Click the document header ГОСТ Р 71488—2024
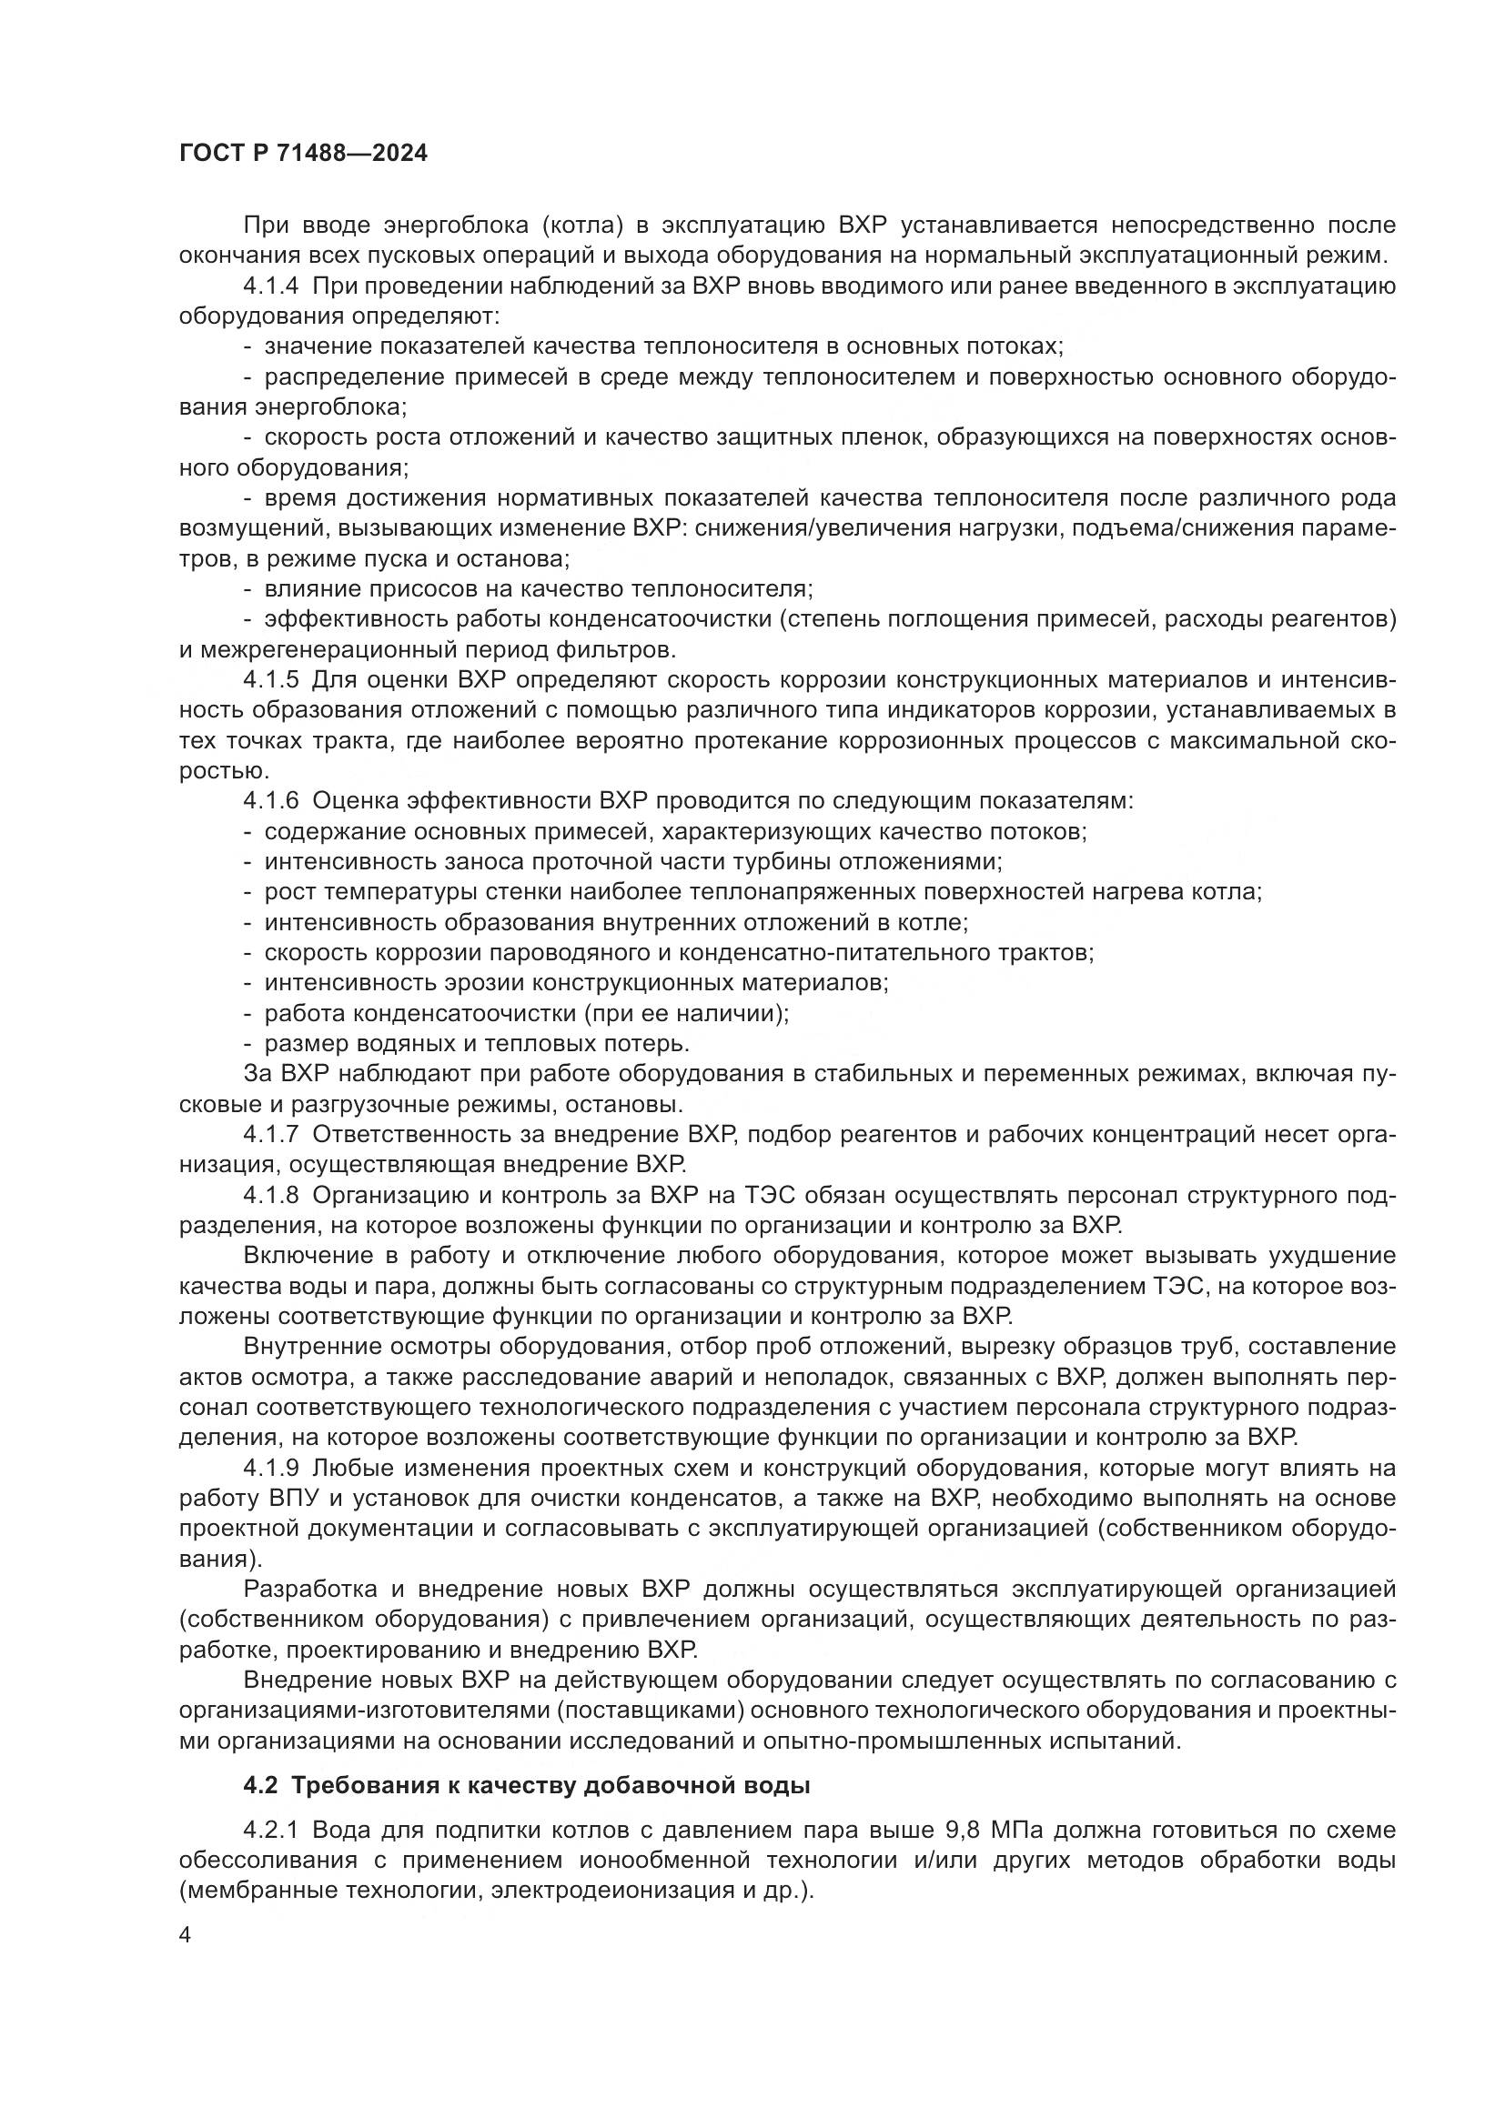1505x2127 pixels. click(303, 154)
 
